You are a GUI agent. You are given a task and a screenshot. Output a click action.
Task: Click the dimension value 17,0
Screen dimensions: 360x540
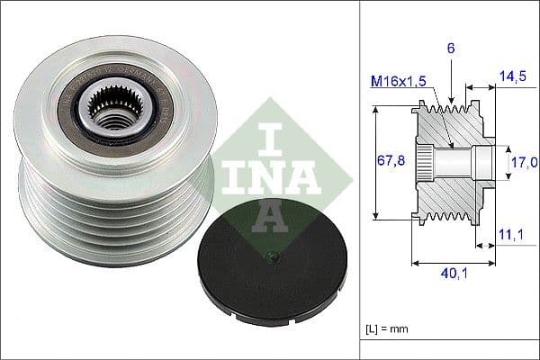click(x=523, y=161)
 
